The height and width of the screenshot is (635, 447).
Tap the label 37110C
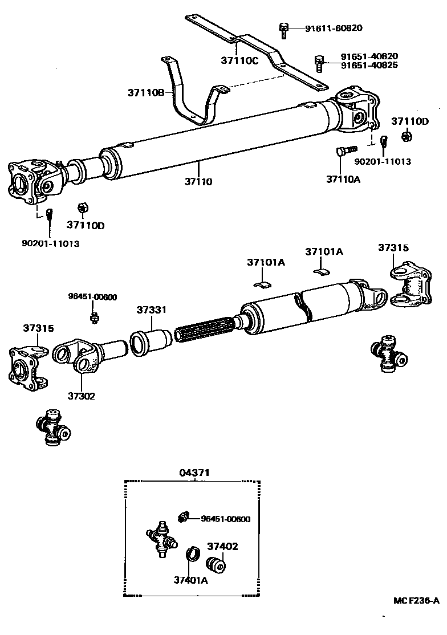click(x=240, y=60)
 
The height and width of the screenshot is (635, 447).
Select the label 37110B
click(x=146, y=92)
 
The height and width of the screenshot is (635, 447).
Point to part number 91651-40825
click(x=369, y=65)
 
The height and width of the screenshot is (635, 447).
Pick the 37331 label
click(x=151, y=310)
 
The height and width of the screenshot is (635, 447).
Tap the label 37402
click(x=223, y=546)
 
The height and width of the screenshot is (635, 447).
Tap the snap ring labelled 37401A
click(x=193, y=555)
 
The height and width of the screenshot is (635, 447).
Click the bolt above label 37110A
click(x=344, y=153)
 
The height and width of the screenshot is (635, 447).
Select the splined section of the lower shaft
click(x=202, y=331)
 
